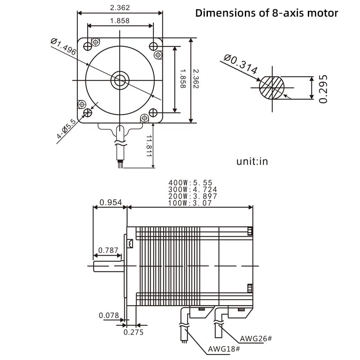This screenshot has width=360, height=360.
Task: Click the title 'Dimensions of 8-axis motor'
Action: pyautogui.click(x=266, y=13)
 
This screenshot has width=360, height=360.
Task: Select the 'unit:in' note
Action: pyautogui.click(x=252, y=161)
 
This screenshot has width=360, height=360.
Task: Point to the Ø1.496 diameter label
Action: pyautogui.click(x=63, y=46)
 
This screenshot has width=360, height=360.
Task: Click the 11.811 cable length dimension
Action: pyautogui.click(x=149, y=146)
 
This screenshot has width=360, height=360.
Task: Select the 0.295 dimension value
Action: pyautogui.click(x=323, y=89)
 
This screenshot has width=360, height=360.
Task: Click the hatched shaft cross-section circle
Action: pyautogui.click(x=272, y=87)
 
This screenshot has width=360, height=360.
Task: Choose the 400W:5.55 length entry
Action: pyautogui.click(x=190, y=183)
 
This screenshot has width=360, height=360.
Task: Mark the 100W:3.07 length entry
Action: pyautogui.click(x=190, y=203)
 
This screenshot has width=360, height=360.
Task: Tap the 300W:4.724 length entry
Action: pyautogui.click(x=193, y=189)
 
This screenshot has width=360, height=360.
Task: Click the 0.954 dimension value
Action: pyautogui.click(x=111, y=202)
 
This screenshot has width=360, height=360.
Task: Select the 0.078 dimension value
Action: pyautogui.click(x=109, y=315)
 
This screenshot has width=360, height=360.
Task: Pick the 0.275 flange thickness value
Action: pyautogui.click(x=134, y=332)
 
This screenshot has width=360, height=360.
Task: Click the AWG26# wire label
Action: pyautogui.click(x=256, y=338)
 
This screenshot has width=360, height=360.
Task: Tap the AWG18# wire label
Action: pyautogui.click(x=224, y=349)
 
